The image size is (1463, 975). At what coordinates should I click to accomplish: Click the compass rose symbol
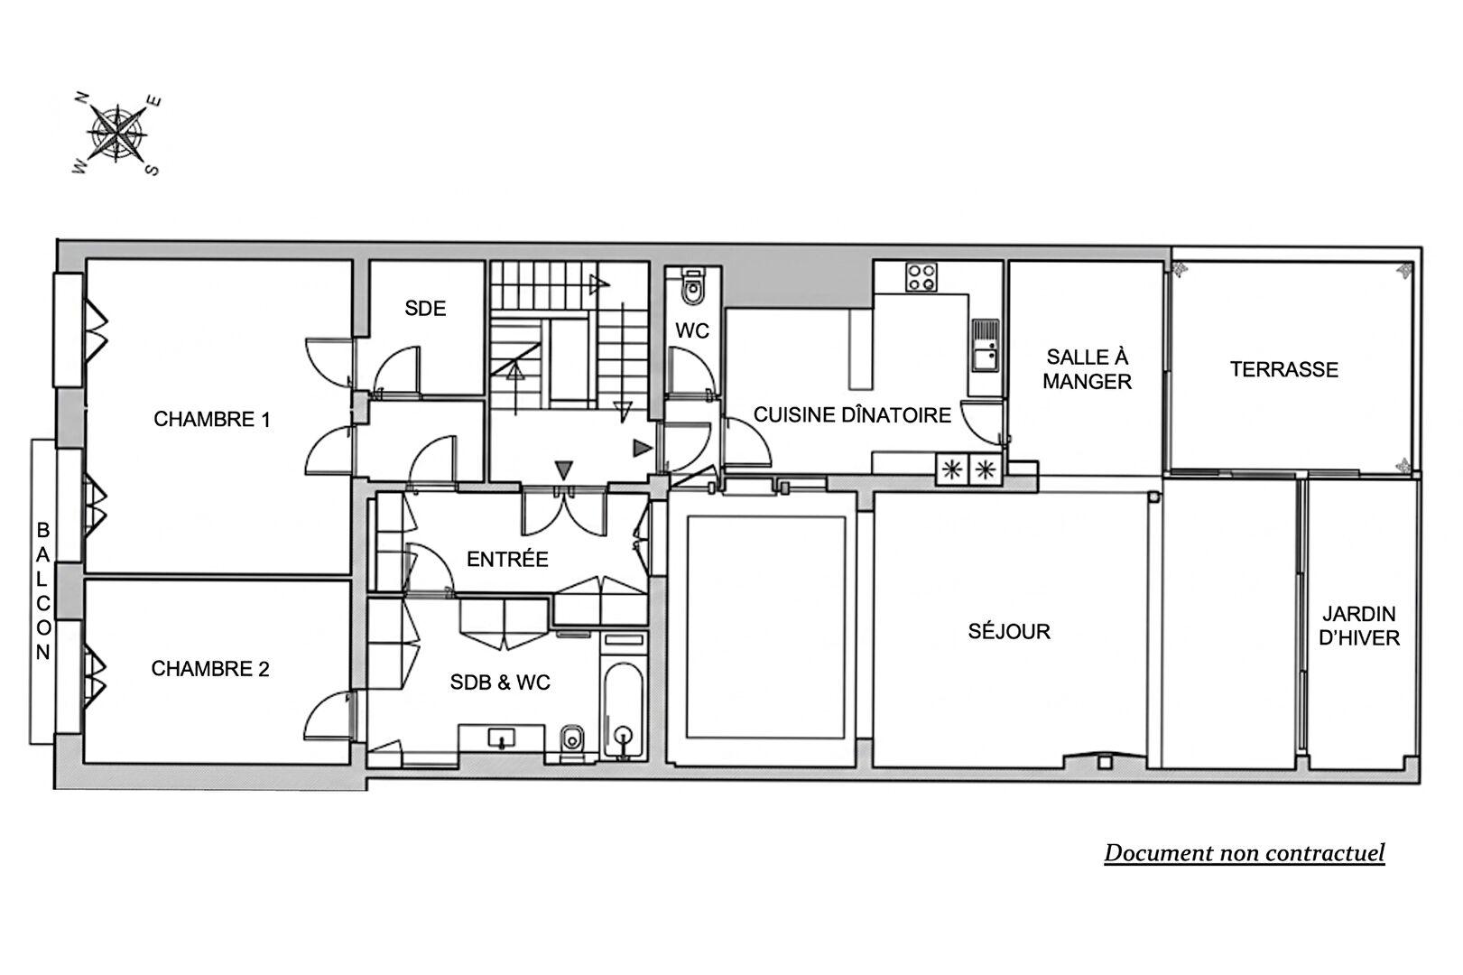(117, 135)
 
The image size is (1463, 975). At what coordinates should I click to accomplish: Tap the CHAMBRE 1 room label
(211, 419)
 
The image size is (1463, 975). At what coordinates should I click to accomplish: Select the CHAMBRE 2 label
(210, 669)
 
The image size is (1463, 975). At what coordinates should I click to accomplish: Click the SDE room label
(425, 309)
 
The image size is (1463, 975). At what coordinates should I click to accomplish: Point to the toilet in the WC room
(692, 287)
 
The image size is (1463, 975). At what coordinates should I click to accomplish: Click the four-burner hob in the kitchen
(921, 277)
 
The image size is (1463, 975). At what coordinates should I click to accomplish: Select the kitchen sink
(985, 346)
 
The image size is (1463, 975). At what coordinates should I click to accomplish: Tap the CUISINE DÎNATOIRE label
(852, 415)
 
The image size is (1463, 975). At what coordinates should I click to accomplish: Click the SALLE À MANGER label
(1087, 369)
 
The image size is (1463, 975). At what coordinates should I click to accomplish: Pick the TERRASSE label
(1284, 370)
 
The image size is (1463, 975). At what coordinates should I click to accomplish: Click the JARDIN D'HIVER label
(1359, 626)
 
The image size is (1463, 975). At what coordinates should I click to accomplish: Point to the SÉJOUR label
(1009, 631)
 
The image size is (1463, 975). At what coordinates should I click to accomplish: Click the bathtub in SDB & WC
(624, 711)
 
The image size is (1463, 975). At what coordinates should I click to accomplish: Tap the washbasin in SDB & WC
(502, 738)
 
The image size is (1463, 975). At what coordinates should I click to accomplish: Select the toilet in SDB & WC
(573, 741)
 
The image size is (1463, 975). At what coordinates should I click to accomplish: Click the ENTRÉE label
(507, 560)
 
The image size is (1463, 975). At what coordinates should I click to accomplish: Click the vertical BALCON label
(43, 590)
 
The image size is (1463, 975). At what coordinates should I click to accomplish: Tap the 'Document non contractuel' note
(1245, 853)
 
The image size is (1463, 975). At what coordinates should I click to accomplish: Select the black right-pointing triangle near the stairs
(642, 449)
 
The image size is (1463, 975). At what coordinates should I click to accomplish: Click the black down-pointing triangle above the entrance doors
(564, 469)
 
